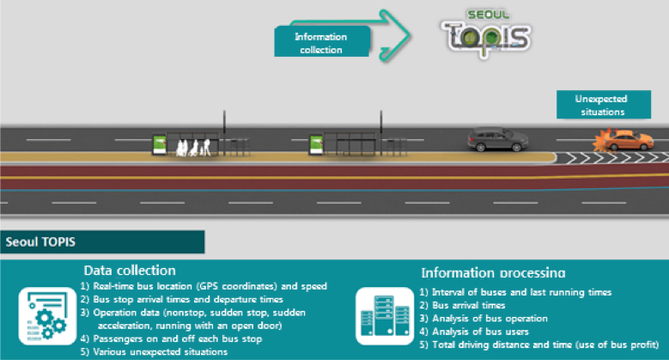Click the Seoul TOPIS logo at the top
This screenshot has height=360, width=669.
click(486, 32)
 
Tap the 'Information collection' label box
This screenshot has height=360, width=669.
click(321, 42)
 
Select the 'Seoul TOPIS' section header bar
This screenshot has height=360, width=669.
click(102, 241)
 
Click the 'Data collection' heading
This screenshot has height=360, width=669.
click(130, 270)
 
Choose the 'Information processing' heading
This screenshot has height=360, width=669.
click(493, 272)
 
